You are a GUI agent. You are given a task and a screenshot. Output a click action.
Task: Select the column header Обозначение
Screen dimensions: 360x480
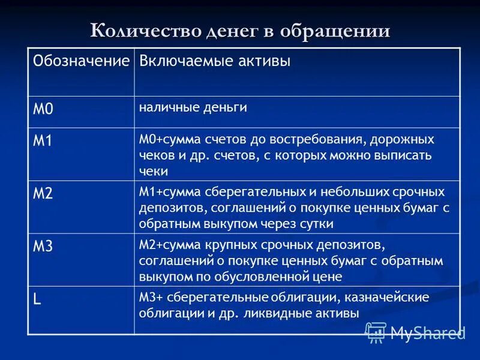[81, 61]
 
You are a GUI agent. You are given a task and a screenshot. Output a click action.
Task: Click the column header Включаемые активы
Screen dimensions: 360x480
[215, 61]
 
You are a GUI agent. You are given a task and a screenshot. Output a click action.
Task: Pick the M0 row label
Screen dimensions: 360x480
[43, 109]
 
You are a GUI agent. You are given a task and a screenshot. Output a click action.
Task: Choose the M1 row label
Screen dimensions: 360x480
[43, 142]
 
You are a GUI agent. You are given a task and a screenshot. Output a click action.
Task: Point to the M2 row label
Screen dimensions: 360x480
[43, 194]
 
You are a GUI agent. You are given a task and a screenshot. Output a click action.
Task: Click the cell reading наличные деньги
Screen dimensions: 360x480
[193, 107]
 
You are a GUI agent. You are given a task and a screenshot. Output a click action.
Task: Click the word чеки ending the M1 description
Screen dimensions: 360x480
[154, 171]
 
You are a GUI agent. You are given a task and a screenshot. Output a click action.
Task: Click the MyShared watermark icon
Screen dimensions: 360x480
[376, 332]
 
